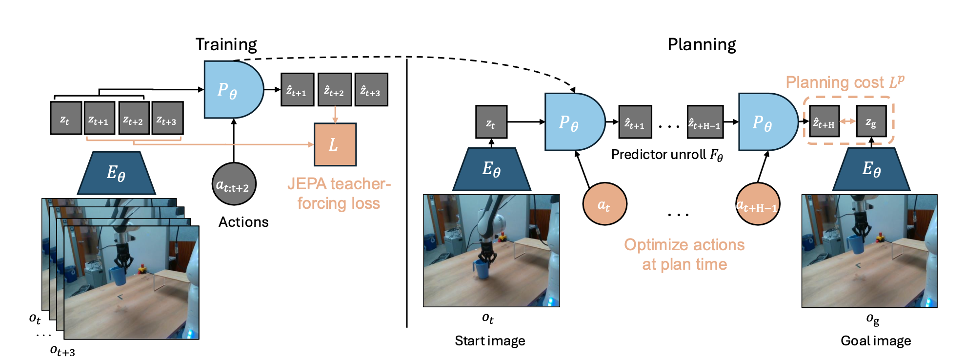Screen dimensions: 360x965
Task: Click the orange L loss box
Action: point(335,144)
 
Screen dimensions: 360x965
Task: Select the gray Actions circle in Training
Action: point(234,184)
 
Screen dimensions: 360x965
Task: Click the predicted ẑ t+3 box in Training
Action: point(371,90)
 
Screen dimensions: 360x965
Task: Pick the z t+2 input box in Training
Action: point(134,118)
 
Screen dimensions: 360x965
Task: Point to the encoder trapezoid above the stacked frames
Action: point(116,173)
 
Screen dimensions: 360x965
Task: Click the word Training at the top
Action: point(226,45)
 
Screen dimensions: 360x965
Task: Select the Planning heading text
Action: point(701,45)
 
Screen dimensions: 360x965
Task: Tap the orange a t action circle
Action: point(604,204)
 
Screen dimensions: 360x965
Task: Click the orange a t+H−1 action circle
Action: point(757,204)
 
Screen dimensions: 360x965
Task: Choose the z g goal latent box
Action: point(871,121)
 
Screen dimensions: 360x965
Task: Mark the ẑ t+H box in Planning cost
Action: point(824,121)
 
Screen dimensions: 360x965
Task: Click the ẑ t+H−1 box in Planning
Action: point(705,122)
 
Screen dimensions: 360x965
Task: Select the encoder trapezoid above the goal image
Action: point(871,169)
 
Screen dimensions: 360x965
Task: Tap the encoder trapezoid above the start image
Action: point(491,169)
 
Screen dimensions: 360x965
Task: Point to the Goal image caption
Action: point(875,340)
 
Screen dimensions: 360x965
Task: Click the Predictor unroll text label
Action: point(666,155)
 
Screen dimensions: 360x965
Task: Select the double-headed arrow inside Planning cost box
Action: point(848,121)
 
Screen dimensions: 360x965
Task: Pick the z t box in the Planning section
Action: point(491,122)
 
